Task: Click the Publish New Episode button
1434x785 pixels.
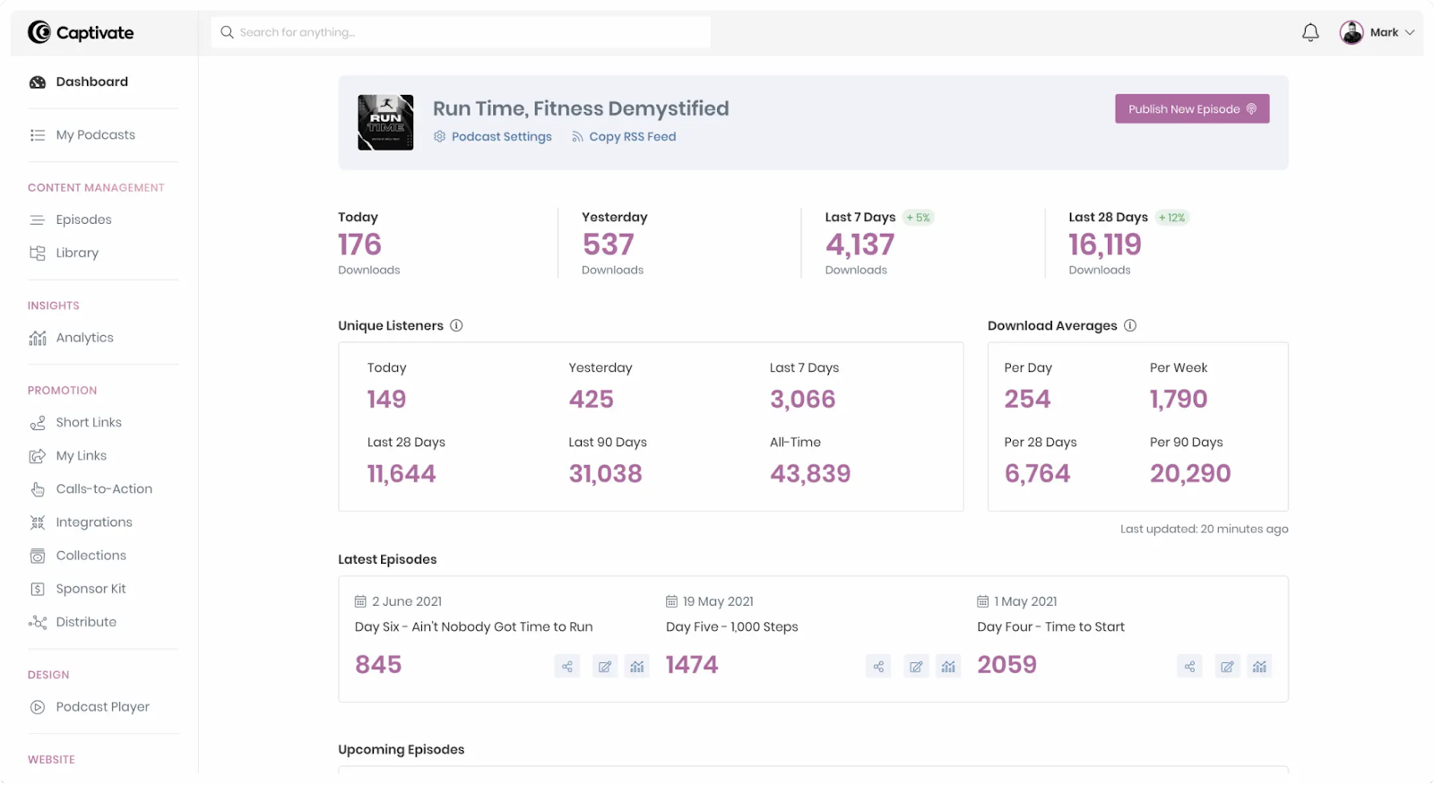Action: [1191, 109]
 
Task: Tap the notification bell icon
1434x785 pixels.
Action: [1310, 33]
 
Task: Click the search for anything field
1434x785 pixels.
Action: [461, 32]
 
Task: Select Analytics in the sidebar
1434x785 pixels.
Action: [84, 338]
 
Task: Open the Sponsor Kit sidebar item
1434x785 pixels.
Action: [91, 589]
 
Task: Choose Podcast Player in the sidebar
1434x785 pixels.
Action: [102, 707]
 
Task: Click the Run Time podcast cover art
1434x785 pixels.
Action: [385, 123]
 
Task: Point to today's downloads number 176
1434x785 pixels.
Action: [359, 245]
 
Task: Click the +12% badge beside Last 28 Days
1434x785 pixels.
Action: [1171, 218]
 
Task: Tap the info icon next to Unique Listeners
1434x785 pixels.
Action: [456, 325]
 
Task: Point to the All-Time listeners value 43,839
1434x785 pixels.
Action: [810, 474]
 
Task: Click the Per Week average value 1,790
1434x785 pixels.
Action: [1179, 400]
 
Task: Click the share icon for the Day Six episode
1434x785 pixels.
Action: [567, 667]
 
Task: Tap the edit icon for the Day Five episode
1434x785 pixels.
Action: [916, 667]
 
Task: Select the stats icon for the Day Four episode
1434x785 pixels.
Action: [1259, 667]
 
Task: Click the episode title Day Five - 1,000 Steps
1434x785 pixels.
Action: [731, 627]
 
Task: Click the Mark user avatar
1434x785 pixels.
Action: [1352, 33]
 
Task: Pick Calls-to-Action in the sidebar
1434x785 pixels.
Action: [104, 489]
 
